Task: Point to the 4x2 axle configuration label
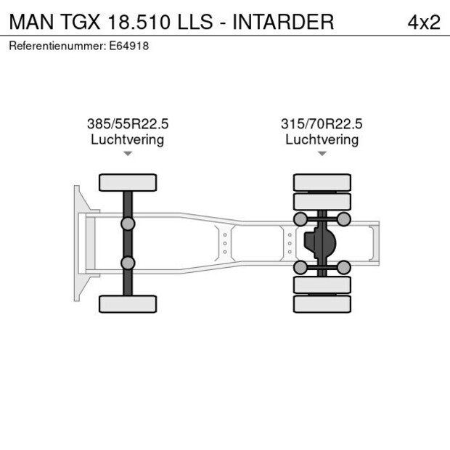pos(423,22)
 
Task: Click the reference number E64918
pos(134,46)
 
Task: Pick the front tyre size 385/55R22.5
pos(128,124)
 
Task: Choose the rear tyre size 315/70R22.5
pos(322,124)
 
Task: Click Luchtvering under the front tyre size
pos(128,139)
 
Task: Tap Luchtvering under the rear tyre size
pos(322,139)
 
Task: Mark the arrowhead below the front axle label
pos(128,154)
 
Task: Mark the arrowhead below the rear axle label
pos(322,154)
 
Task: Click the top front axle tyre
pos(128,182)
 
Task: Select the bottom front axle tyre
pos(128,303)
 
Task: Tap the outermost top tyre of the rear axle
pos(322,182)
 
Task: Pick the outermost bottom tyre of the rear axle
pos(322,303)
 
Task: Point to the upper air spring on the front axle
pos(128,224)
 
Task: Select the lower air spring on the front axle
pos(128,263)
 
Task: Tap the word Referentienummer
pos(51,46)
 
